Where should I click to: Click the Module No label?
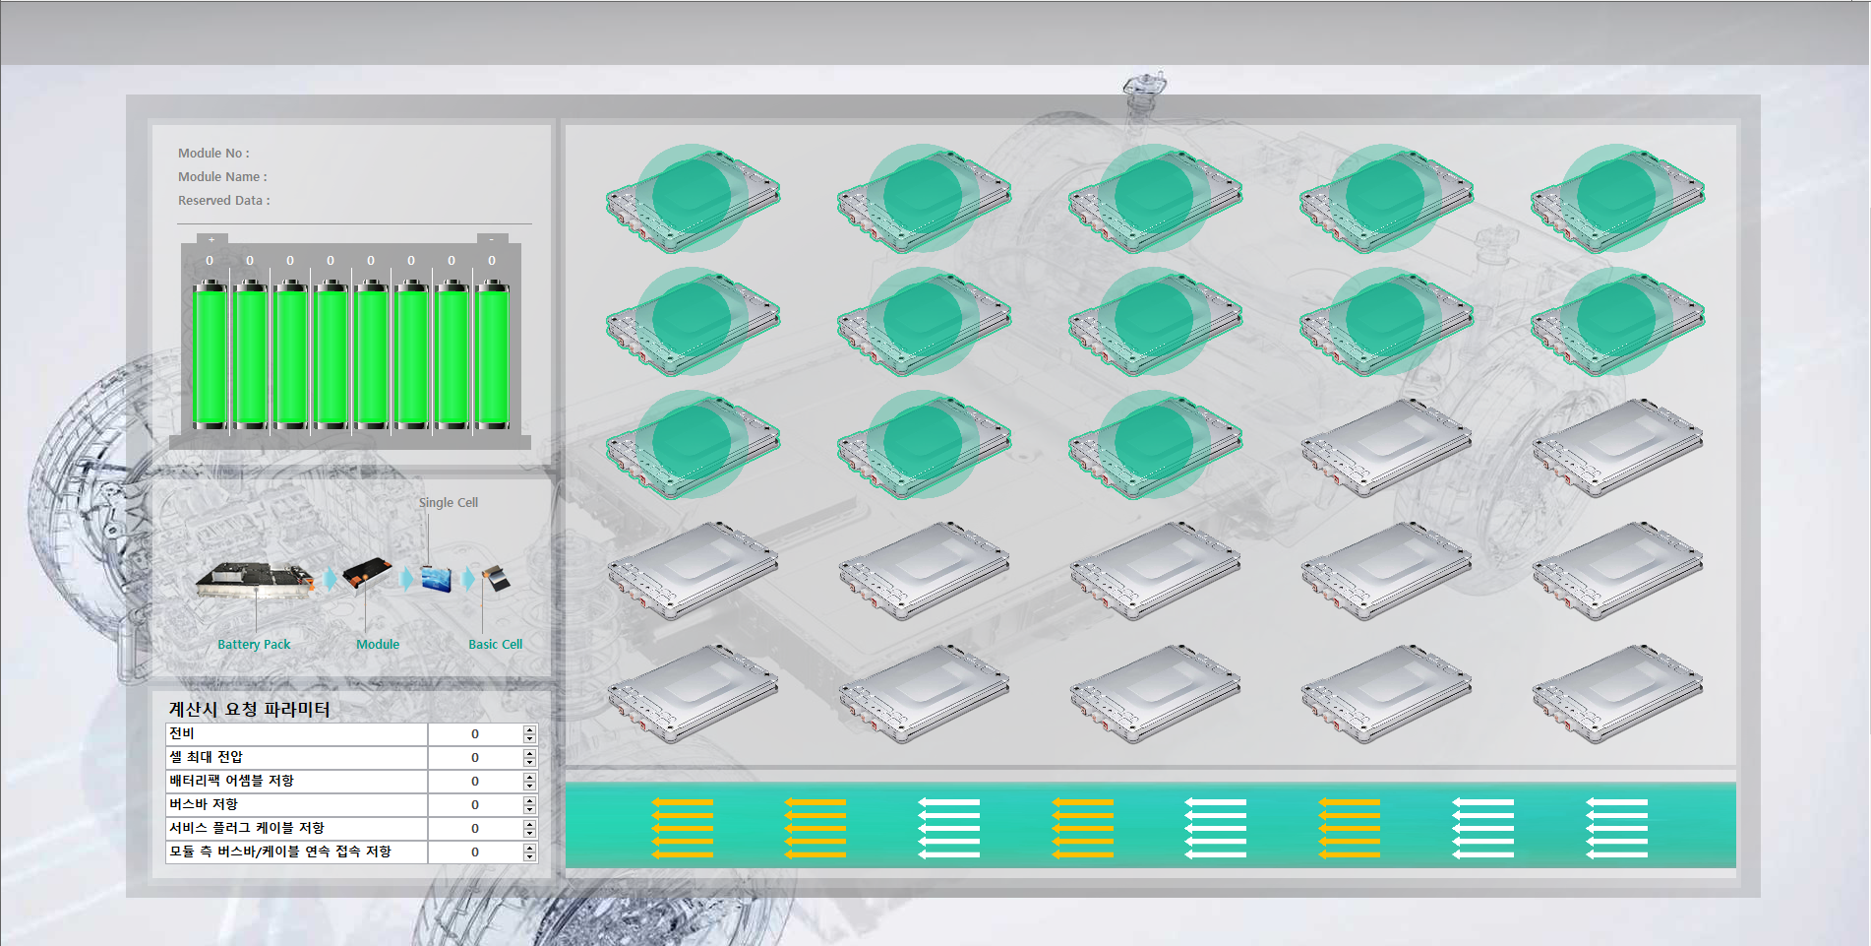coord(213,154)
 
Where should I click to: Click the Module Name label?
coord(222,177)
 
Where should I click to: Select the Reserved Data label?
coord(223,201)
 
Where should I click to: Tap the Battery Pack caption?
coord(254,645)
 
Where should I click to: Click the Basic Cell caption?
coord(495,645)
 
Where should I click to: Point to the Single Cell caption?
coord(449,503)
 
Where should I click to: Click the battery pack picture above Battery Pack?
coord(254,579)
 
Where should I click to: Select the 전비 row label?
coord(182,733)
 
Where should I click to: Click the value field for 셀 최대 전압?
coord(474,758)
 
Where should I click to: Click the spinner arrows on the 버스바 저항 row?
coord(529,805)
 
